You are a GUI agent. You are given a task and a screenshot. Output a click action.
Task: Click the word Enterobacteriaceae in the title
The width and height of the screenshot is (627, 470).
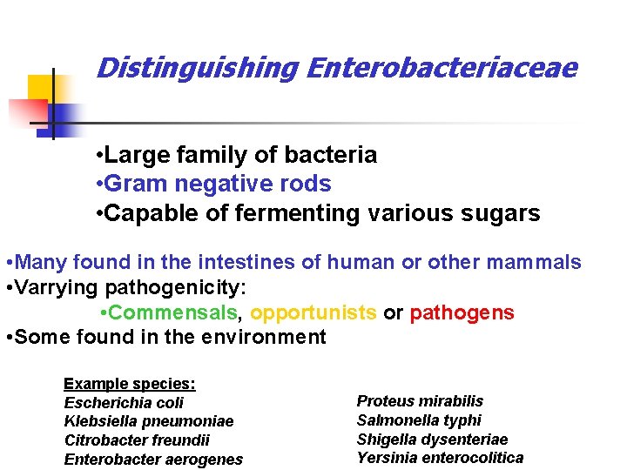click(441, 68)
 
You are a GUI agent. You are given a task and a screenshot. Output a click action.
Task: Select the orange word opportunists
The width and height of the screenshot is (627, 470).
click(313, 312)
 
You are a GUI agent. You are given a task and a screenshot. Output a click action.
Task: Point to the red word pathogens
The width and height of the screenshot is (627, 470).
click(462, 312)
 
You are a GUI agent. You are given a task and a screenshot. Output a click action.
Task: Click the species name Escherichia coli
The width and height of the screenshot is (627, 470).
click(124, 402)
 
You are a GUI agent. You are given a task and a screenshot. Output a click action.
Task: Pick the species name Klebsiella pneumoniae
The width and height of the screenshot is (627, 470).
click(149, 421)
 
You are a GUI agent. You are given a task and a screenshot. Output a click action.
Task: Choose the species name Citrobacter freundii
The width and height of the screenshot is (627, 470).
click(137, 440)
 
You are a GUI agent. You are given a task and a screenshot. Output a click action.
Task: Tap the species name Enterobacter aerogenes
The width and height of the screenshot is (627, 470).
click(153, 460)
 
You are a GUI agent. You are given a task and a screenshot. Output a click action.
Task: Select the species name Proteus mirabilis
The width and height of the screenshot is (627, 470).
click(420, 401)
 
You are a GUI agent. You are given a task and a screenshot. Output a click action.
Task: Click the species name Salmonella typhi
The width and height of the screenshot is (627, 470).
click(419, 420)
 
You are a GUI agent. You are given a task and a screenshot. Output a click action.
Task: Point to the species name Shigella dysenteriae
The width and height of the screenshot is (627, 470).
click(432, 440)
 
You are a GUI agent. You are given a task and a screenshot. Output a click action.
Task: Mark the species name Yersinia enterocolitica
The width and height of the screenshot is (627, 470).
click(440, 458)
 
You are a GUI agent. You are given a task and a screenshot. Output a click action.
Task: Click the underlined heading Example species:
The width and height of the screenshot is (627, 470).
click(130, 384)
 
